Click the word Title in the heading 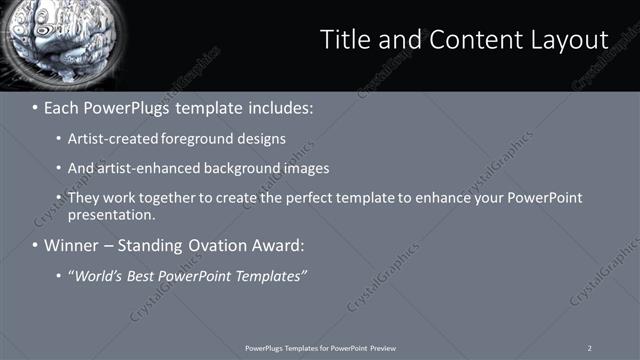click(345, 39)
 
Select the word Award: click(280, 245)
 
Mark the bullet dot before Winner click(35, 245)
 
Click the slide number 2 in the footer click(590, 348)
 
